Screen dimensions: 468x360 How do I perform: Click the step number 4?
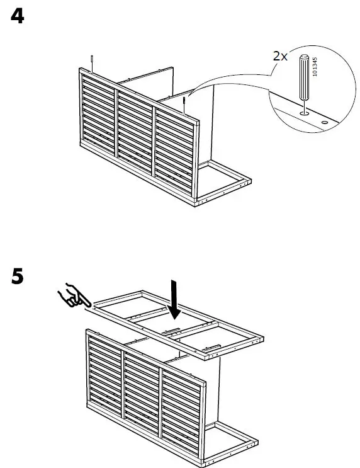[x=18, y=16]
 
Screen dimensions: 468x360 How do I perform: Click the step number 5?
[x=18, y=277]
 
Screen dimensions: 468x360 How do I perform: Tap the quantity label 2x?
[x=279, y=56]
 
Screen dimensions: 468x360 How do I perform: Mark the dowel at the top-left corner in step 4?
[x=92, y=61]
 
